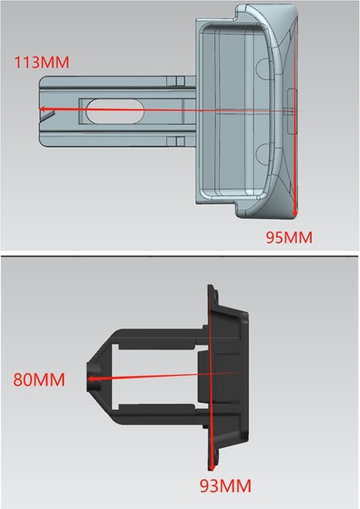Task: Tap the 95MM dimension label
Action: tap(289, 238)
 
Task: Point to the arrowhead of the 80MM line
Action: tap(88, 380)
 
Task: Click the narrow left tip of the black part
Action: tap(88, 379)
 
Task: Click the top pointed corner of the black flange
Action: tap(211, 287)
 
